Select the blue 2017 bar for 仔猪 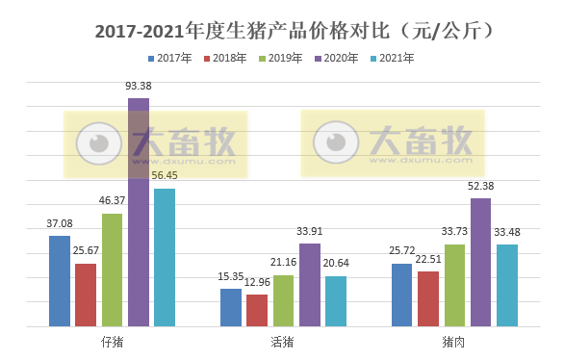60,281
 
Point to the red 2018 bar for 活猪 257,310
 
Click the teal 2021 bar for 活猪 335,301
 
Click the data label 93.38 139,86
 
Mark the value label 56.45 165,176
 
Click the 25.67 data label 86,251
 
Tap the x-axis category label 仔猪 112,341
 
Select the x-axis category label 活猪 283,341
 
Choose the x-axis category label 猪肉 454,341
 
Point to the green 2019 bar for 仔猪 113,270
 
